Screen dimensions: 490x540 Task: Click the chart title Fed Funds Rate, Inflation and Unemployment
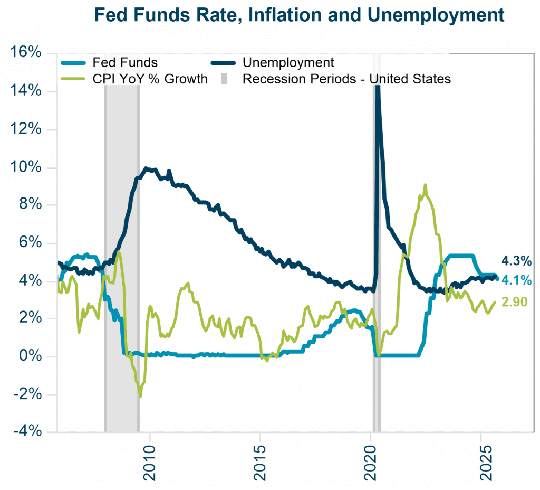click(299, 15)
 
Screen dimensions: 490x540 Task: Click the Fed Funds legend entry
click(124, 62)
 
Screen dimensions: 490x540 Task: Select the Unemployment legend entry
click(288, 62)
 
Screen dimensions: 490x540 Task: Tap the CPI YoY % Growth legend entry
click(150, 79)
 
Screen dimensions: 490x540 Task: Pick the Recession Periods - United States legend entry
click(346, 79)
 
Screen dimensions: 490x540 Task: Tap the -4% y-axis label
click(27, 432)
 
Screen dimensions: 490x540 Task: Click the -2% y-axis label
click(27, 394)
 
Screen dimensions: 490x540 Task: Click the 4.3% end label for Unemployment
click(516, 261)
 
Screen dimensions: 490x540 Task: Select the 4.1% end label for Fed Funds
click(516, 280)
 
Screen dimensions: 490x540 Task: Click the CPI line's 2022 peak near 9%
click(425, 185)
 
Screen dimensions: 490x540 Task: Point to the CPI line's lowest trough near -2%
click(140, 396)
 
